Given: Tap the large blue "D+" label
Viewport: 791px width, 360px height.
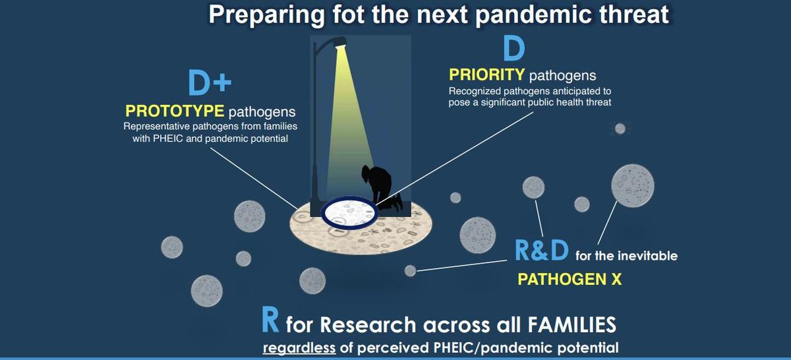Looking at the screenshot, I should pyautogui.click(x=210, y=84).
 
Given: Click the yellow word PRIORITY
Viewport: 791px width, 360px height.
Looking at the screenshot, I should pyautogui.click(x=487, y=75).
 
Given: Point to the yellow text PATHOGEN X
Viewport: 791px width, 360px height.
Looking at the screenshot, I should pyautogui.click(x=570, y=279).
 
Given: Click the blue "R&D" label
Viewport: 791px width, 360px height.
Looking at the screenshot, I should pyautogui.click(x=541, y=251).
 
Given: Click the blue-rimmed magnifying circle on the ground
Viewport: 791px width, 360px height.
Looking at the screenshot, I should pyautogui.click(x=349, y=212).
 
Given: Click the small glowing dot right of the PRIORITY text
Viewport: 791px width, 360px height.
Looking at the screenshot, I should pyautogui.click(x=620, y=129).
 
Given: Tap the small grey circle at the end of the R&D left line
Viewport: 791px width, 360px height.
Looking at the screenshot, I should pyautogui.click(x=410, y=270).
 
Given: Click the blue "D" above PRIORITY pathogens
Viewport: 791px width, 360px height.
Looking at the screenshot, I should pyautogui.click(x=513, y=49).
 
